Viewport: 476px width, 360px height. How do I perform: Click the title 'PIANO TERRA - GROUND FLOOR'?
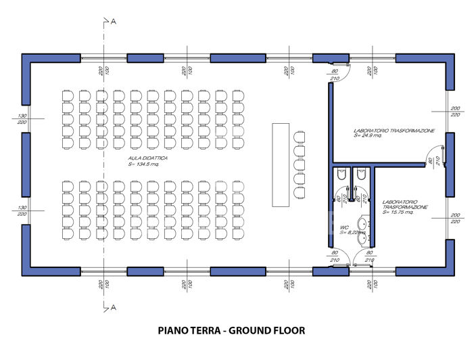[x=231, y=331]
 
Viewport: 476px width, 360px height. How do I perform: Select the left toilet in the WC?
[x=341, y=175]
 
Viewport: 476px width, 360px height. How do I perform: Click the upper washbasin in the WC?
[x=364, y=223]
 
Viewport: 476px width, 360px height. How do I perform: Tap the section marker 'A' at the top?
[x=114, y=22]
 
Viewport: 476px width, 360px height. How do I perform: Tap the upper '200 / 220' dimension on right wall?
[x=456, y=112]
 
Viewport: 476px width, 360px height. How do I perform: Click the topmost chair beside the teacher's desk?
[x=300, y=134]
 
